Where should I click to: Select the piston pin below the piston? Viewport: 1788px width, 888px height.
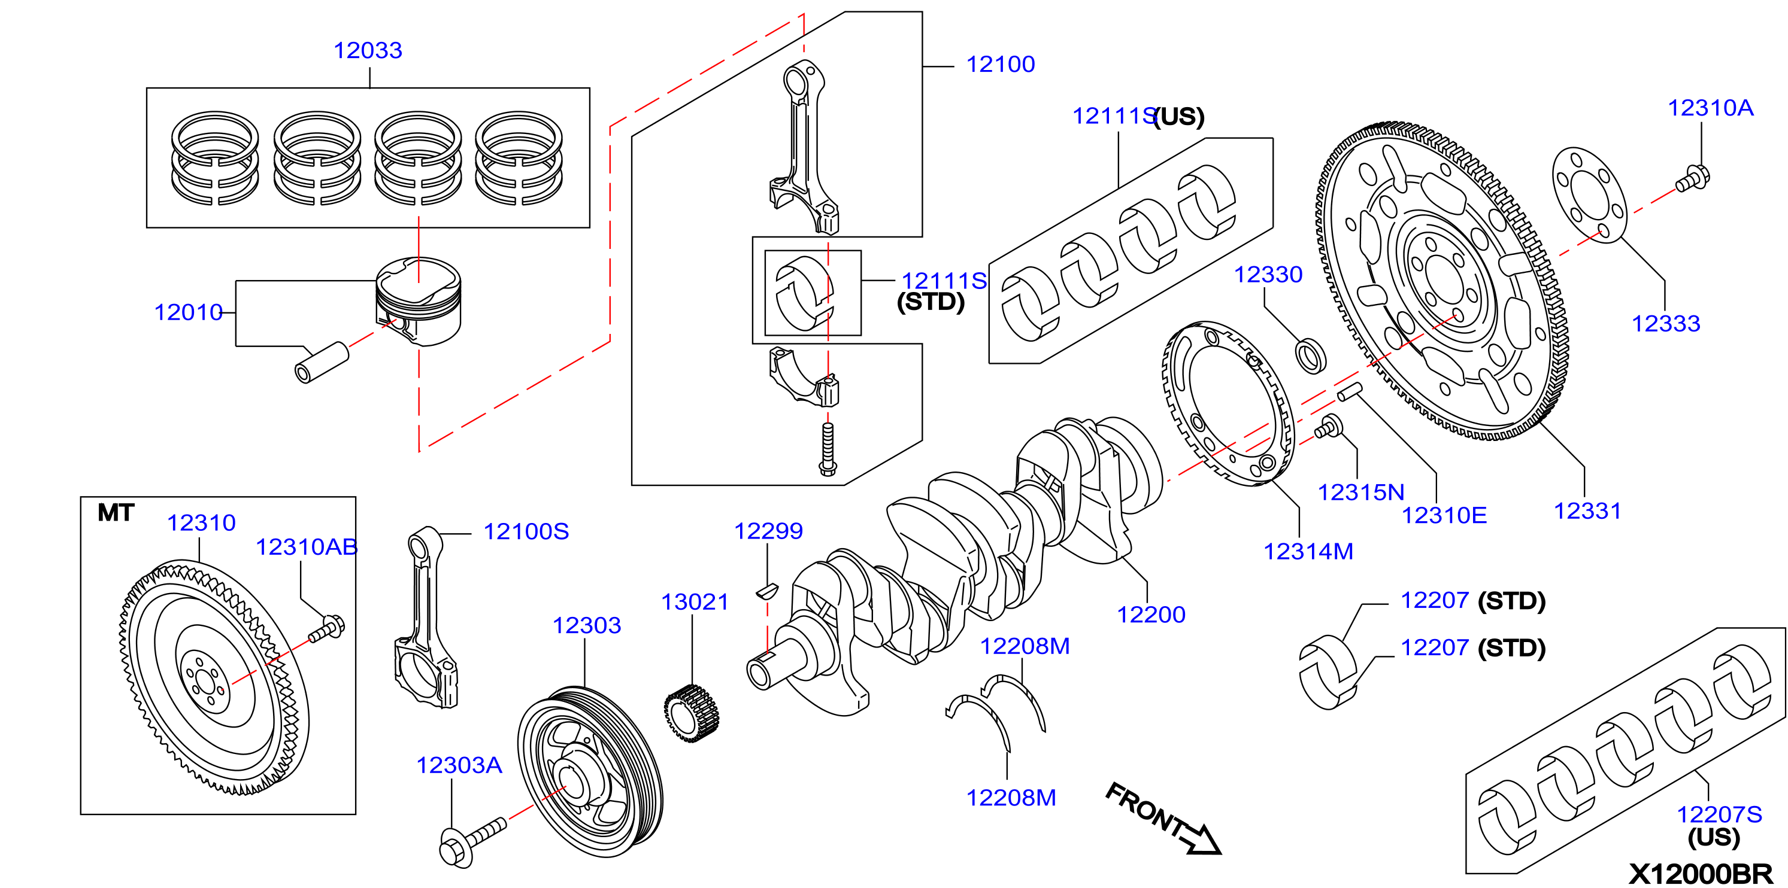(322, 362)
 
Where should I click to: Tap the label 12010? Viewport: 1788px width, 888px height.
(188, 312)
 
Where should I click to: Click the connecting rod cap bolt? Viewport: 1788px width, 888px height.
(828, 449)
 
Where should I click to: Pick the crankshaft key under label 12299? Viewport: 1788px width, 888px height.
(767, 591)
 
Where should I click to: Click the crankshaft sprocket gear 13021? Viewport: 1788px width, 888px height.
(692, 713)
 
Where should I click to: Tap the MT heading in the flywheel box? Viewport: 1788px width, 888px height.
(116, 513)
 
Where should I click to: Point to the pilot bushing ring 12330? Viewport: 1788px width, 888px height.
(1310, 355)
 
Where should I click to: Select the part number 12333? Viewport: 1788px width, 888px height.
(1666, 324)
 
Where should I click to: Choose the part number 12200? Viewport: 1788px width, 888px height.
(1151, 615)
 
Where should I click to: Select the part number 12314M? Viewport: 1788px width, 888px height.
(1308, 552)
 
